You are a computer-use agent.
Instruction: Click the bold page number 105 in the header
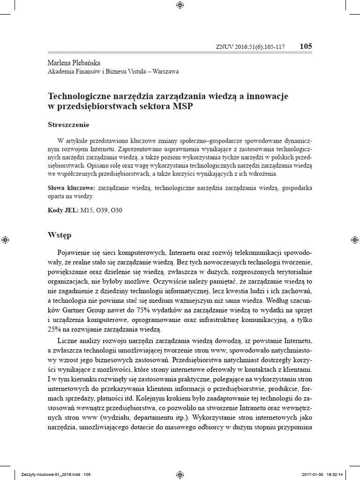(305, 46)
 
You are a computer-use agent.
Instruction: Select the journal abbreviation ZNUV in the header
(224, 47)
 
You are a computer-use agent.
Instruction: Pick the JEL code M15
(87, 210)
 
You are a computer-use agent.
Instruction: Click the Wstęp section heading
(60, 234)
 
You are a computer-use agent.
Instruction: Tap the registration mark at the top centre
(180, 6)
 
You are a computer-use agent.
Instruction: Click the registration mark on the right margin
(354, 240)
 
